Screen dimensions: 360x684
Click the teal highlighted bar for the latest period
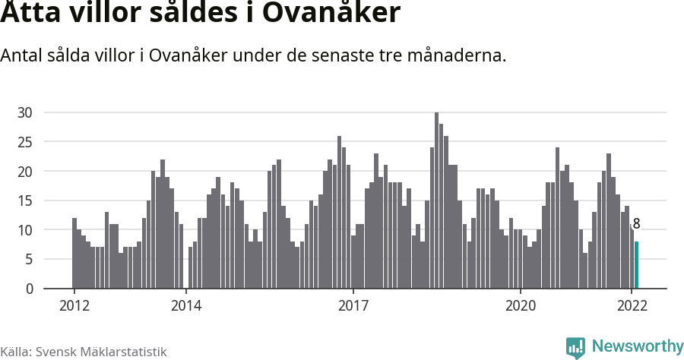(x=637, y=265)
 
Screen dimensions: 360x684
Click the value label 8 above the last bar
(x=637, y=224)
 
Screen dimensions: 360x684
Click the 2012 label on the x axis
(x=74, y=306)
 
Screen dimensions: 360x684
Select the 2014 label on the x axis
(x=186, y=306)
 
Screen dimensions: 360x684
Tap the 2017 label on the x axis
(x=353, y=306)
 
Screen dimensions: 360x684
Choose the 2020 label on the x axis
(x=521, y=306)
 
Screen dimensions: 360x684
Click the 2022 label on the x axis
(x=632, y=306)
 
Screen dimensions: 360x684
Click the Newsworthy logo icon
(x=575, y=347)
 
